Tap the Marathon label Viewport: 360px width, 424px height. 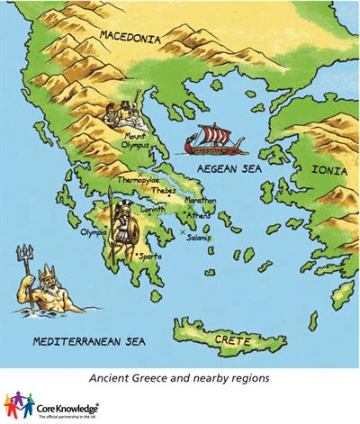tap(202, 200)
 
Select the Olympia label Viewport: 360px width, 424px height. tap(94, 230)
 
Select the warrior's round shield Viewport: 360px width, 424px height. tap(129, 234)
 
